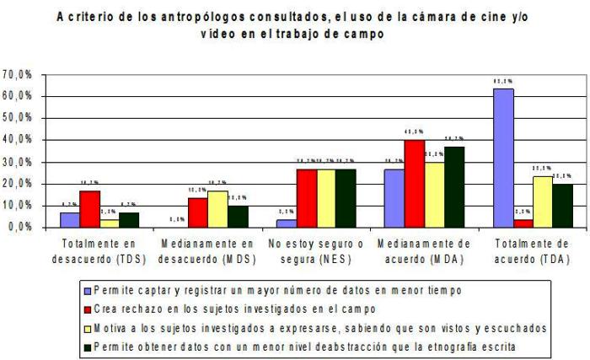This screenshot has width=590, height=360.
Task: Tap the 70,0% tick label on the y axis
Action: coord(18,74)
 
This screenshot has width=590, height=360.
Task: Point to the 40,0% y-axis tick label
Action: coord(18,140)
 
